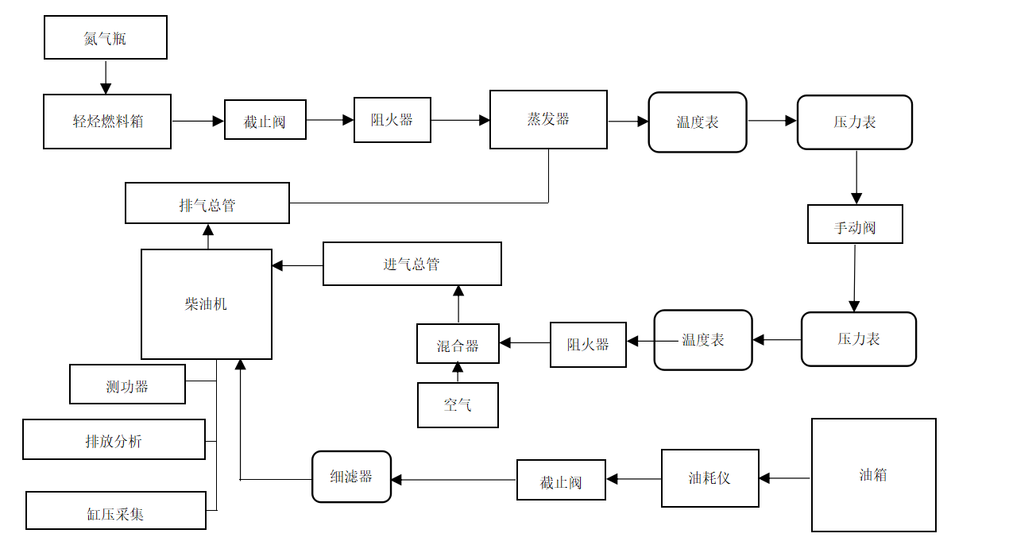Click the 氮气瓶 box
tap(106, 37)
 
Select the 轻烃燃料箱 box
tap(107, 122)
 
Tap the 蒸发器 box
tap(548, 119)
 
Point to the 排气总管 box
tap(207, 203)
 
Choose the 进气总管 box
tap(412, 264)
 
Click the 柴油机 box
tap(207, 304)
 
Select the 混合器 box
tap(458, 344)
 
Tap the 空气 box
tap(458, 405)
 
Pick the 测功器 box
tap(127, 385)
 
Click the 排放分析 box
tap(114, 439)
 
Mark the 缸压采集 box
tap(115, 510)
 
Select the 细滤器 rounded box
tap(351, 477)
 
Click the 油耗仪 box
tap(709, 478)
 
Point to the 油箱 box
tap(873, 475)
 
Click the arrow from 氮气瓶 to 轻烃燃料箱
tap(106, 77)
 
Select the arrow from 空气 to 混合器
tap(458, 373)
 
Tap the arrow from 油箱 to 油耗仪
tap(785, 478)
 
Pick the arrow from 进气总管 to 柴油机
tap(297, 265)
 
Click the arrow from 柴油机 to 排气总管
tap(208, 236)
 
